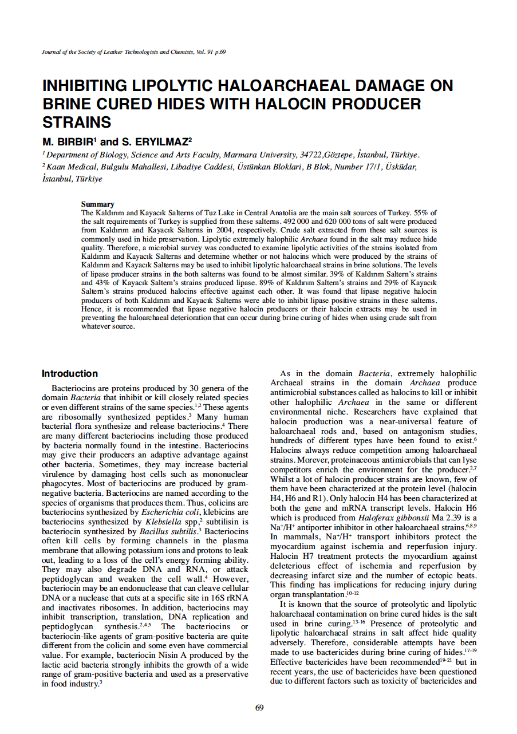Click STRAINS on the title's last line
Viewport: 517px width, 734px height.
coord(77,123)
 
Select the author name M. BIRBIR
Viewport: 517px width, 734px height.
coord(67,141)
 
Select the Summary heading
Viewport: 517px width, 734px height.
coord(97,204)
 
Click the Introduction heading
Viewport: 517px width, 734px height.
coord(70,374)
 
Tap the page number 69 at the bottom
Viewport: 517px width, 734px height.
coord(259,708)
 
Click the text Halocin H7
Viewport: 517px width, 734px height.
coord(292,557)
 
